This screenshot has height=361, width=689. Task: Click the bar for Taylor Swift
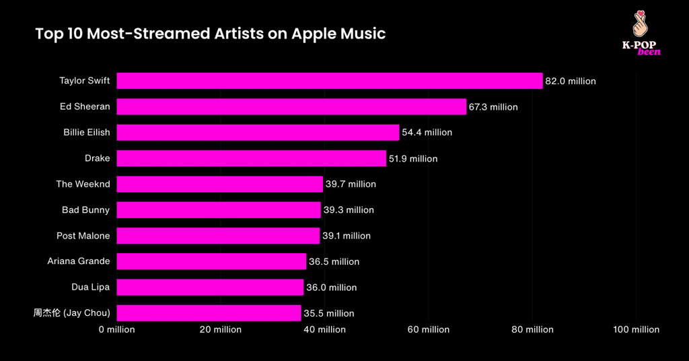330,81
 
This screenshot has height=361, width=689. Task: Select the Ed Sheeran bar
291,106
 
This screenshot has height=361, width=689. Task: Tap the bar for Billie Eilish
258,133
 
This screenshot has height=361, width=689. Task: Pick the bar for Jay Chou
209,313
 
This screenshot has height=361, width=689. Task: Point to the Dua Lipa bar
210,287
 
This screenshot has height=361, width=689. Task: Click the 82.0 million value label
571,81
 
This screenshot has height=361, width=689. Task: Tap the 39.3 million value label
349,210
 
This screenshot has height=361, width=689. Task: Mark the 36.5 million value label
334,261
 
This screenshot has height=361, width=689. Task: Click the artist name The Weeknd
83,184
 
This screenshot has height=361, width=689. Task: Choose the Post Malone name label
83,236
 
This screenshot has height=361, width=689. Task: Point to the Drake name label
97,158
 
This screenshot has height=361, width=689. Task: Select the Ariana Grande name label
79,261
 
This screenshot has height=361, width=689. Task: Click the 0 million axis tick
117,329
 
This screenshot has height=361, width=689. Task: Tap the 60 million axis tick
429,329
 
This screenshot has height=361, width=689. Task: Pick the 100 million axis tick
637,329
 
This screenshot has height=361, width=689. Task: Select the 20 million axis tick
221,329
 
